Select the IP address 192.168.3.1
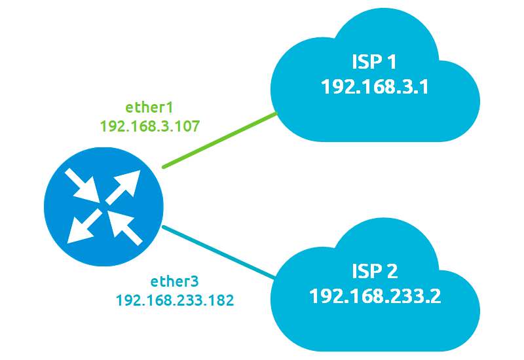pos(374,87)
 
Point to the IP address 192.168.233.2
pos(375,296)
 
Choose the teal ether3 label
pos(175,282)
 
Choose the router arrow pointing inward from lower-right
pos(124,225)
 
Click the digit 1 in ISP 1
pos(391,62)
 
